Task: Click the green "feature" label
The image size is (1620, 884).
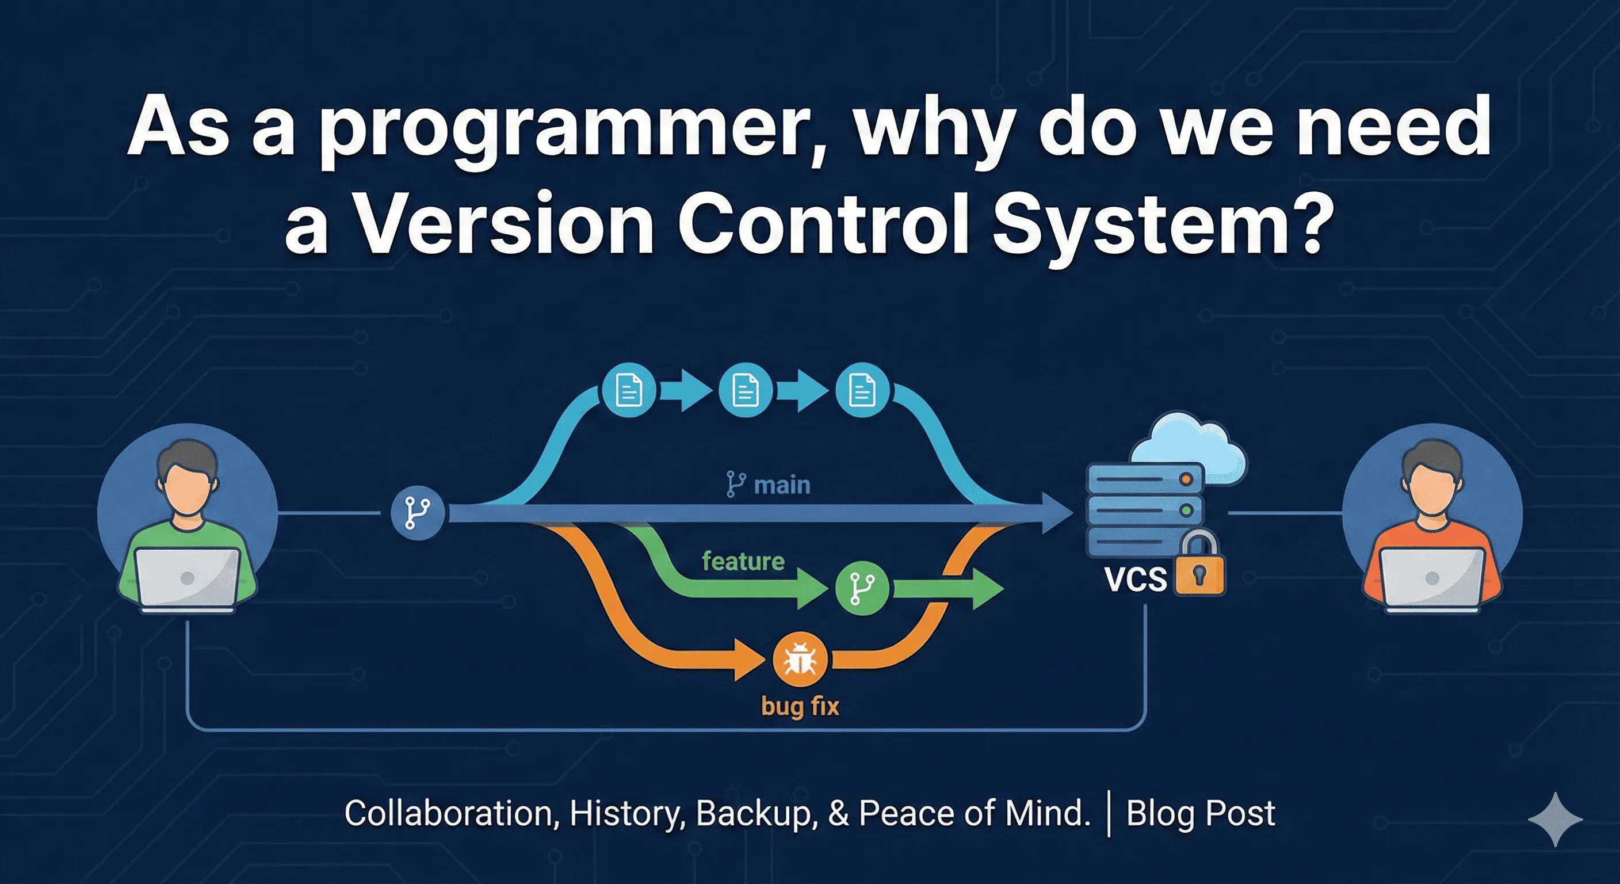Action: tap(743, 561)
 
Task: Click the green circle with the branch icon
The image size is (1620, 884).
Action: tap(862, 589)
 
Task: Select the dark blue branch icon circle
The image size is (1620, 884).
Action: tap(418, 512)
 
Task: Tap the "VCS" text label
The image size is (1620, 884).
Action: tap(1136, 579)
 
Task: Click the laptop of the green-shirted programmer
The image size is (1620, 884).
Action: tap(188, 579)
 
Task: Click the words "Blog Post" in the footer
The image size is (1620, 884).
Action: tap(1201, 813)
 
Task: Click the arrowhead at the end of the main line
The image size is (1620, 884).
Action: tap(1057, 513)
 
